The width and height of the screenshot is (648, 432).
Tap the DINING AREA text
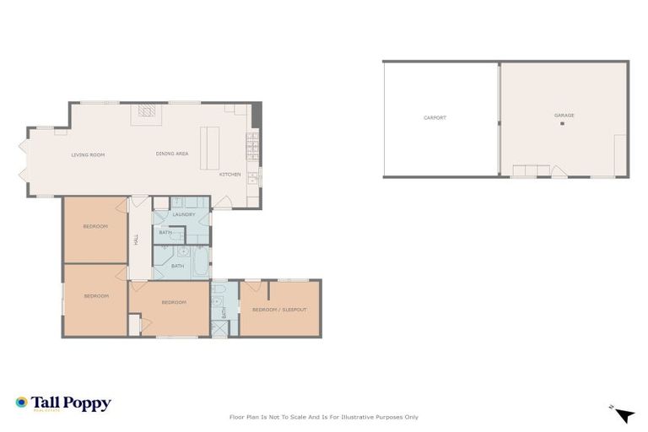pos(171,154)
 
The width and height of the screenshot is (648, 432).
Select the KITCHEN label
pos(229,175)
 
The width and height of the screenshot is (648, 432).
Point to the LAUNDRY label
pos(184,214)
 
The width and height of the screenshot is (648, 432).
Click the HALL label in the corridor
pos(136,240)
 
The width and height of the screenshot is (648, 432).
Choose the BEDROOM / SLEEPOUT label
pos(279,310)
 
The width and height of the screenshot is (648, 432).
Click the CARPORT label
pos(435,117)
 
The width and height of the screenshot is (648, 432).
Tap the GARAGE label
pos(564,115)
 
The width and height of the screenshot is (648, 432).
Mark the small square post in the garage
pos(562,124)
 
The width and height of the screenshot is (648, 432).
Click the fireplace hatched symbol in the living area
pos(147,110)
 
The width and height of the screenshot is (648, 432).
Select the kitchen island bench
pos(209,148)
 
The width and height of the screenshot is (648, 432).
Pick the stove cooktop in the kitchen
pos(251,147)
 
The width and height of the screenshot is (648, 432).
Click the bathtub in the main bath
pos(201,262)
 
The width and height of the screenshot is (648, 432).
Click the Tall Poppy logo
pos(62,403)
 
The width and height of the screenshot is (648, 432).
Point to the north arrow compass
pos(623,413)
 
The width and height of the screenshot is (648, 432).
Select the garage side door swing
pos(559,172)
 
